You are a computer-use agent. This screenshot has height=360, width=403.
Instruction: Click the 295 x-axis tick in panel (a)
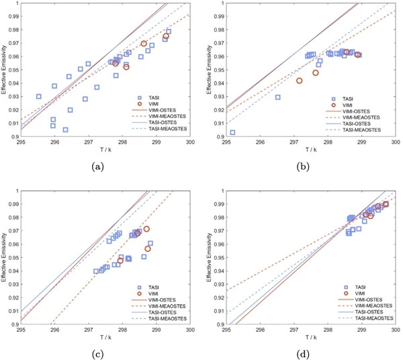coord(21,142)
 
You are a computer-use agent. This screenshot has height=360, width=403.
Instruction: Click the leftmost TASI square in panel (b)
coord(232,132)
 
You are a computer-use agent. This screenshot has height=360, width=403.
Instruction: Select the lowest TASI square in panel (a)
coord(65,130)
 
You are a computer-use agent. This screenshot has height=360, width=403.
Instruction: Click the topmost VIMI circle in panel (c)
coord(146,229)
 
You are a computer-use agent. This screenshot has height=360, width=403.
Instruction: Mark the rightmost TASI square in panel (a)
coord(169,32)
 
